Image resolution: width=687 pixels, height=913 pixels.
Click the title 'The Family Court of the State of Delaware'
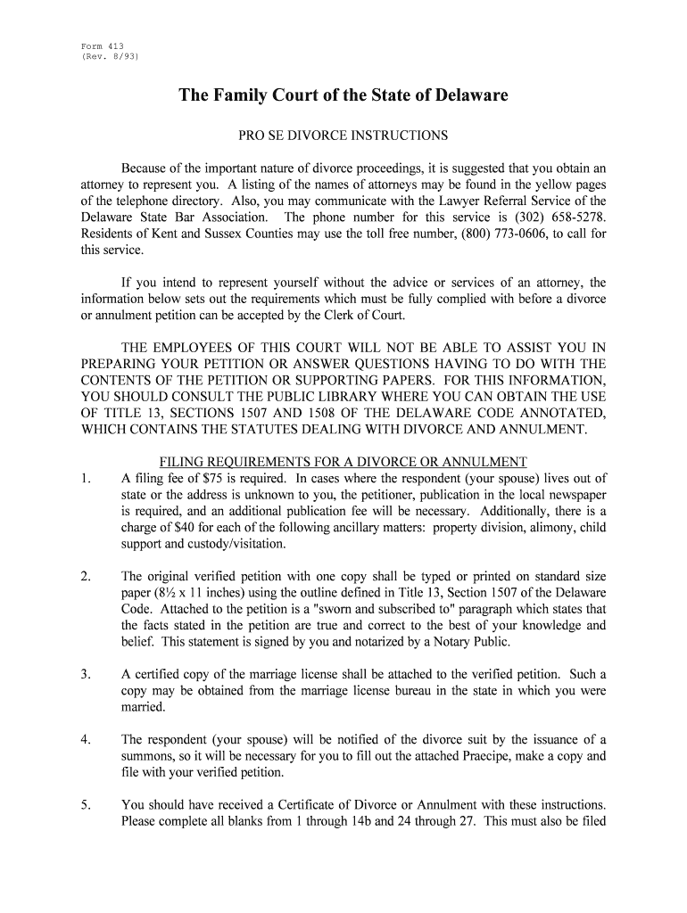click(x=343, y=95)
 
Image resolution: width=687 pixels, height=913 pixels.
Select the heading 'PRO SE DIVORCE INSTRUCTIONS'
click(x=343, y=136)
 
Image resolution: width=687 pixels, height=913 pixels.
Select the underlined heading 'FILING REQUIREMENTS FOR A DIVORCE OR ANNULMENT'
click(x=343, y=462)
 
